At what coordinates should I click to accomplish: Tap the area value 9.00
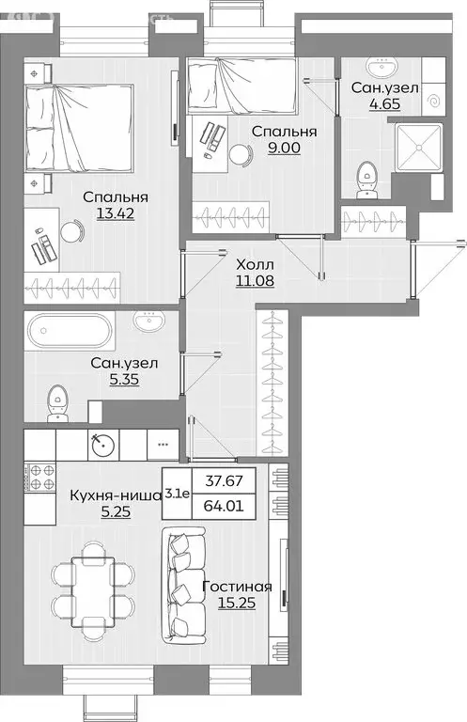tap(282, 149)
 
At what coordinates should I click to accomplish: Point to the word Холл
tap(255, 265)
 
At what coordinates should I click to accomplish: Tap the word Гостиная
tap(237, 588)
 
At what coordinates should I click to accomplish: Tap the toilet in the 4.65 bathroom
tap(367, 180)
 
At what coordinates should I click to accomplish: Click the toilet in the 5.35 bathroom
tap(57, 405)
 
